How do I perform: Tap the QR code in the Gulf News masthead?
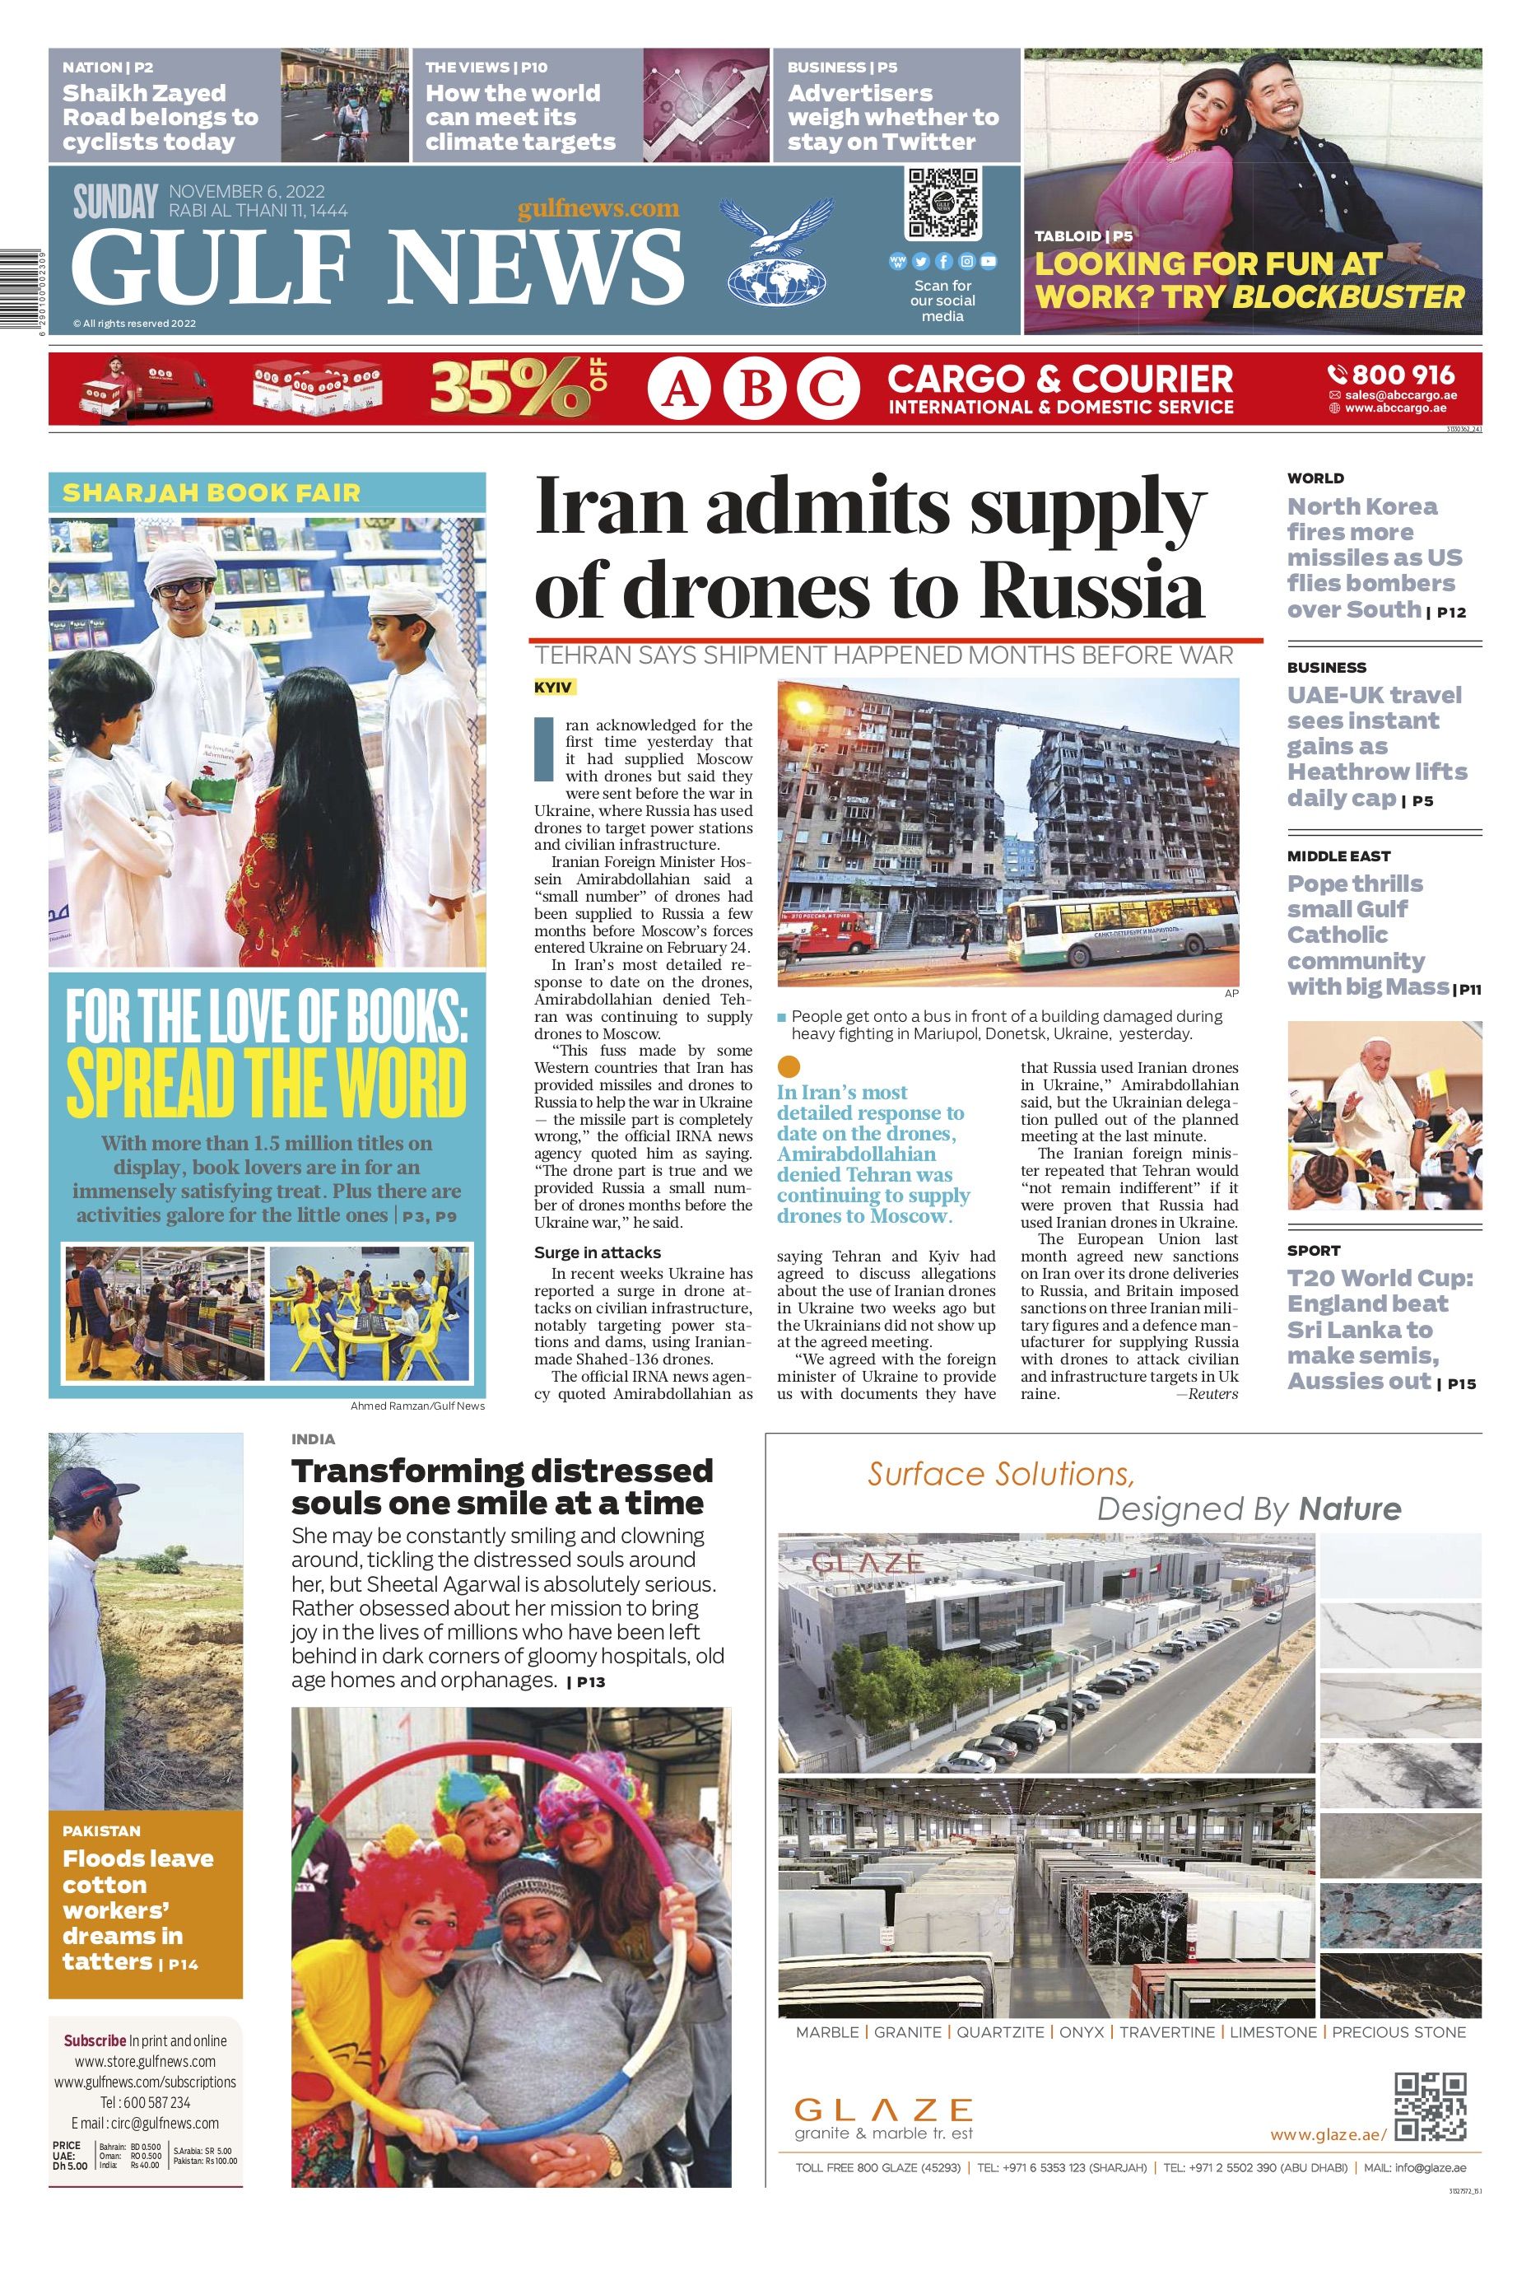tap(942, 204)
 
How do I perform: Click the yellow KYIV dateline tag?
tap(554, 688)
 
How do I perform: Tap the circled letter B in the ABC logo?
tap(756, 389)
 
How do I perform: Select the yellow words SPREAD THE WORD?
tap(267, 1083)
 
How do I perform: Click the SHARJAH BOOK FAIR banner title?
tap(211, 492)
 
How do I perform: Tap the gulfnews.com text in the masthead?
tap(598, 208)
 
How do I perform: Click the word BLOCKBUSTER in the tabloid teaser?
tap(1348, 297)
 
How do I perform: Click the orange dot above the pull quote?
tap(790, 1066)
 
